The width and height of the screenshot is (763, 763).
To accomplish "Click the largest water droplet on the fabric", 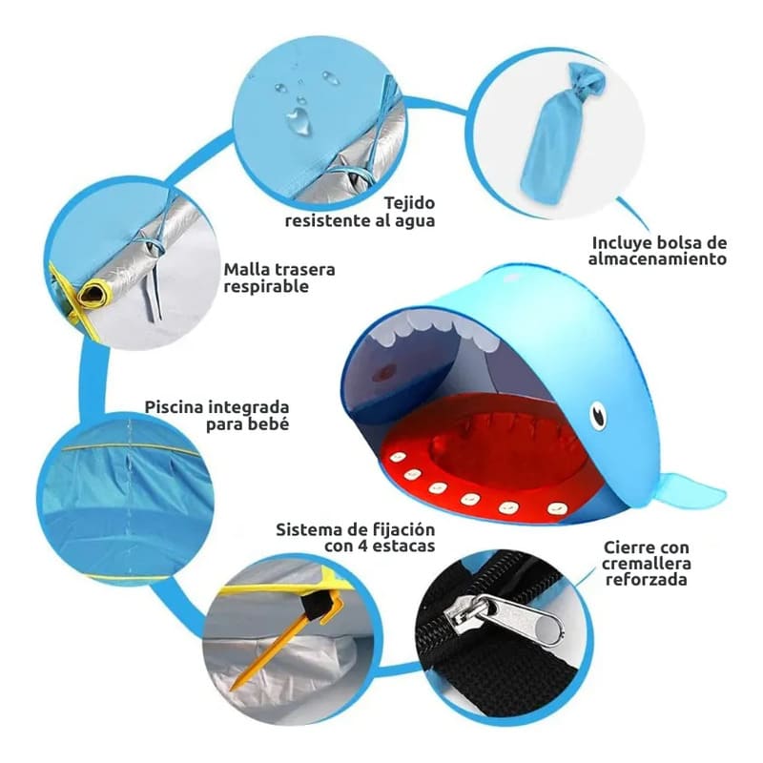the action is click(x=298, y=119).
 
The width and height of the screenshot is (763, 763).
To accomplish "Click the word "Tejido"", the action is click(x=409, y=203).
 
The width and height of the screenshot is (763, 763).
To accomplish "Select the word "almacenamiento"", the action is click(x=657, y=258).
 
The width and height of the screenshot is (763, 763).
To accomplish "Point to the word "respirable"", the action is click(x=266, y=287).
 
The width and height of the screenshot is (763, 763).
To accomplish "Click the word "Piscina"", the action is click(x=175, y=407).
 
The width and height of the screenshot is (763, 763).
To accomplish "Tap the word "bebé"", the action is click(x=268, y=423).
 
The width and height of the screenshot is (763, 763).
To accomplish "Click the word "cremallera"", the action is click(x=647, y=564).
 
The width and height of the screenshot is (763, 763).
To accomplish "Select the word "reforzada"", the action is click(x=647, y=580).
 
